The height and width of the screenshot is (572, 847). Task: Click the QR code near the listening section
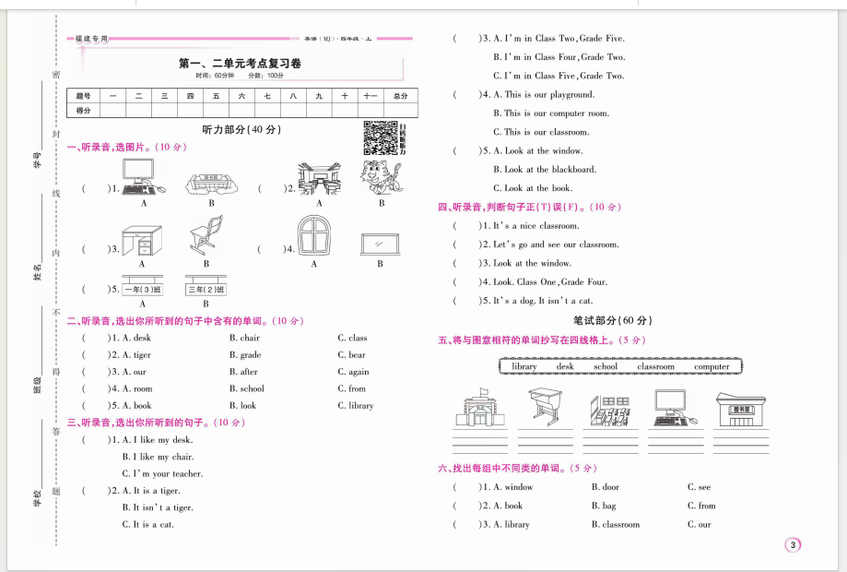pos(380,137)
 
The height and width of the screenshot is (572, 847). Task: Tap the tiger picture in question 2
pos(380,177)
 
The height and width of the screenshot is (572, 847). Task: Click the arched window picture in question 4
pos(313,235)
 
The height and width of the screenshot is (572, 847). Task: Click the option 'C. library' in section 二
pos(355,405)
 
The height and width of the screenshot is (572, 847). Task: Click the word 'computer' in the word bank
pos(711,366)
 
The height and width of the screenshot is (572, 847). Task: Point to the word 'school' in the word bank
pos(605,366)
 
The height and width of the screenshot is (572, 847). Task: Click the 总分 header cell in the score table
pos(399,95)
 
